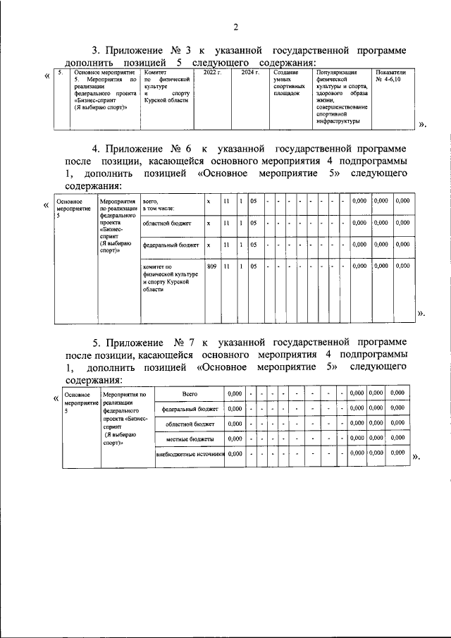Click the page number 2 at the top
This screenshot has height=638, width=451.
[236, 27]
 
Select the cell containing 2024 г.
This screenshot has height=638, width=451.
[250, 73]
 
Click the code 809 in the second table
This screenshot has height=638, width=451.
[211, 266]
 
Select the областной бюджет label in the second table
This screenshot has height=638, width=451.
[166, 223]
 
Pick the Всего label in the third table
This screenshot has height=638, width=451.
[189, 393]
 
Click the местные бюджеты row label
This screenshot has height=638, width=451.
[189, 438]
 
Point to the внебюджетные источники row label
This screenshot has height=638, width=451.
[189, 454]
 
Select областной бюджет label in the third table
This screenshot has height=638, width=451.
[189, 424]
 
